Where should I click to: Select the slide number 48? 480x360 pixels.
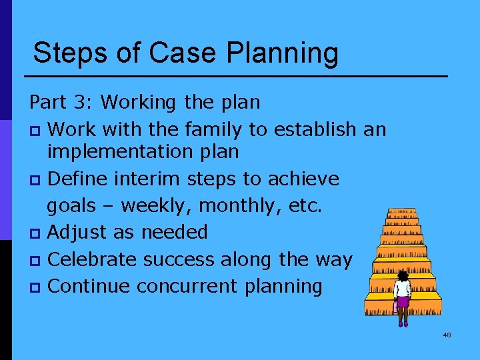pos(447,335)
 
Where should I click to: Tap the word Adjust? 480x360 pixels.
pos(79,233)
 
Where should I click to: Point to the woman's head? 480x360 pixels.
pos(403,275)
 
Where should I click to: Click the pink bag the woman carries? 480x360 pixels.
pos(396,307)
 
